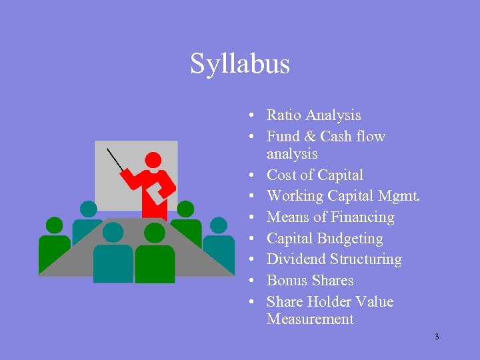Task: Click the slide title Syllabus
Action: pos(240,64)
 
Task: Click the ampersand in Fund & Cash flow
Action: pos(308,137)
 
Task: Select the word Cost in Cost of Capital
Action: pos(283,175)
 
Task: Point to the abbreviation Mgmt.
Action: pos(397,196)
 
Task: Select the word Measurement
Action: pos(310,319)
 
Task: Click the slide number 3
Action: pos(437,337)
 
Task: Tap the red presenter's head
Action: pos(153,160)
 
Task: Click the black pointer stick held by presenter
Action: pos(117,159)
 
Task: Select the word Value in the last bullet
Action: pos(375,302)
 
